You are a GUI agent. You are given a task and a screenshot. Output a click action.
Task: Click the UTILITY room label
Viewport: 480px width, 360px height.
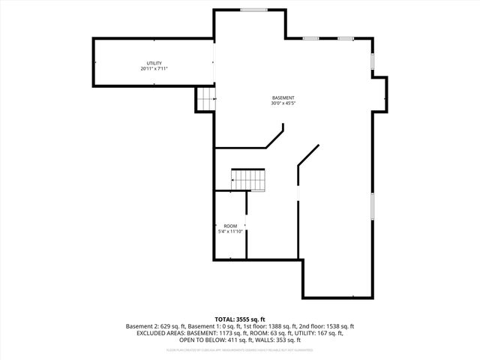154,63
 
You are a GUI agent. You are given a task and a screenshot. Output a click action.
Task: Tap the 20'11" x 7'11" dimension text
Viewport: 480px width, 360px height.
154,69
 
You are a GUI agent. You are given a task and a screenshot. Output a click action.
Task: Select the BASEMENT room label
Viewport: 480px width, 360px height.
283,97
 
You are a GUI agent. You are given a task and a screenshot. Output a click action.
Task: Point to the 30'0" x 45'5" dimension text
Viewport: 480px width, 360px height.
283,103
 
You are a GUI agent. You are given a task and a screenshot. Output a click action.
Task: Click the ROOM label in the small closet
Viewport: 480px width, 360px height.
230,226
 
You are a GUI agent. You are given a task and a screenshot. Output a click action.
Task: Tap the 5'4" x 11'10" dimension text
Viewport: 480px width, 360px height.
230,232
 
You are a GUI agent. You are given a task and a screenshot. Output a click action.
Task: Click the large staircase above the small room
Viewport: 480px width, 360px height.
248,180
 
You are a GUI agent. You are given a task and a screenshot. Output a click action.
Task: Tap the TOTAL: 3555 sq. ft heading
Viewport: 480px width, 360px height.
240,319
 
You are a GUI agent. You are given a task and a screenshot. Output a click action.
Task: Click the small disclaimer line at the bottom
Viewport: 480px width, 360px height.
240,349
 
